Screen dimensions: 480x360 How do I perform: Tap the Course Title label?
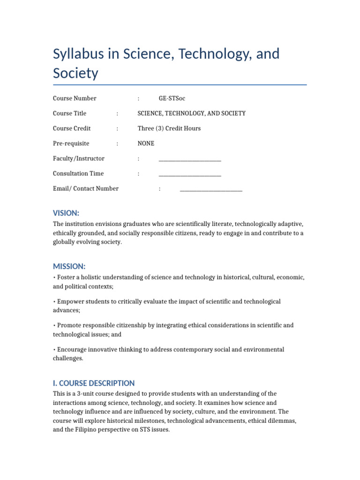(69, 113)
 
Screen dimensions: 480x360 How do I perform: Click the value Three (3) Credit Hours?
(169, 128)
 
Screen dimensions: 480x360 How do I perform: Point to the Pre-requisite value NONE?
(146, 143)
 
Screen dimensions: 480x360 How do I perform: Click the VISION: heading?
(66, 213)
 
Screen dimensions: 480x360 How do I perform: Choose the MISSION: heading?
(69, 266)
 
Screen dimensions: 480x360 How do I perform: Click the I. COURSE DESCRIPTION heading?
(94, 383)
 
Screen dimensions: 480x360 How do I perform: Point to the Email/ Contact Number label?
(86, 188)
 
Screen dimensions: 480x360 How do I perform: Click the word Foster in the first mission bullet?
(66, 277)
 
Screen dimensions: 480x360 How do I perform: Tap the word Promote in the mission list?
(68, 325)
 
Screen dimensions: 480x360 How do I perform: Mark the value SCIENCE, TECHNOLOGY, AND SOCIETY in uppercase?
(191, 113)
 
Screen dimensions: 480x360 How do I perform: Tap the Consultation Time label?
(78, 173)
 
